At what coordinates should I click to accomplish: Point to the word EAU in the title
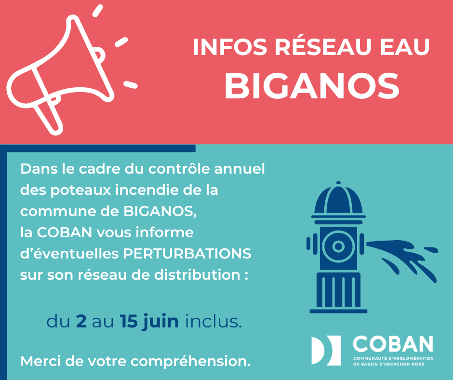[405, 47]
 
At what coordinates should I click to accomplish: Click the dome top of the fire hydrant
[338, 200]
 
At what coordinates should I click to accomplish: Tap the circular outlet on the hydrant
[338, 247]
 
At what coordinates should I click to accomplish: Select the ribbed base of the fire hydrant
[338, 292]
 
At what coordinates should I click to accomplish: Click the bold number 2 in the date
[81, 322]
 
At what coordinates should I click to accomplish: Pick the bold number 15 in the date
[129, 322]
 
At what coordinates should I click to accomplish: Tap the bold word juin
[160, 322]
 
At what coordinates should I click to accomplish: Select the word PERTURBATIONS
[187, 254]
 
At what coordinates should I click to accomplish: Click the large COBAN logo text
[393, 344]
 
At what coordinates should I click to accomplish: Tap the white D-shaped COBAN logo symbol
[326, 350]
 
